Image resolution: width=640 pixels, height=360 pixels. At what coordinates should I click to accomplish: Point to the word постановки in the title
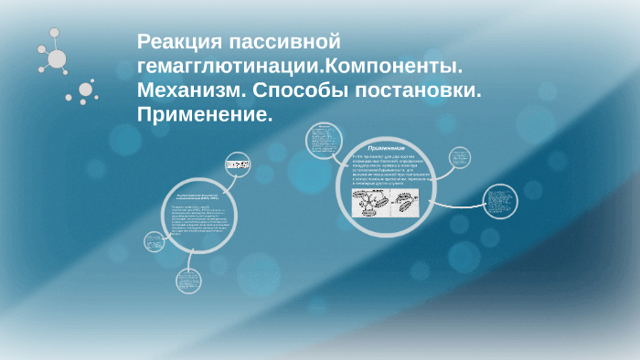[x=418, y=91]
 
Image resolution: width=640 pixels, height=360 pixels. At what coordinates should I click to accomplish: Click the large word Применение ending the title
[x=204, y=116]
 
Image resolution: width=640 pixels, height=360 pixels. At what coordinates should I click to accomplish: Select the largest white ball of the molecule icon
[x=57, y=59]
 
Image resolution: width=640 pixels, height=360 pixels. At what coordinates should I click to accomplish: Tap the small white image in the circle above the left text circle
[x=238, y=164]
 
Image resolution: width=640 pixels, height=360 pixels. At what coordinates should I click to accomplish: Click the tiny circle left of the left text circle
[x=154, y=241]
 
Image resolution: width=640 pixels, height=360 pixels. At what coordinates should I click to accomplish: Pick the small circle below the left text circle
[x=189, y=280]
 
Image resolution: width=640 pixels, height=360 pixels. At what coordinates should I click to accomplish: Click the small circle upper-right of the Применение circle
[x=460, y=158]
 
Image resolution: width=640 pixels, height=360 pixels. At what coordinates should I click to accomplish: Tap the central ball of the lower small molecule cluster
[x=86, y=90]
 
